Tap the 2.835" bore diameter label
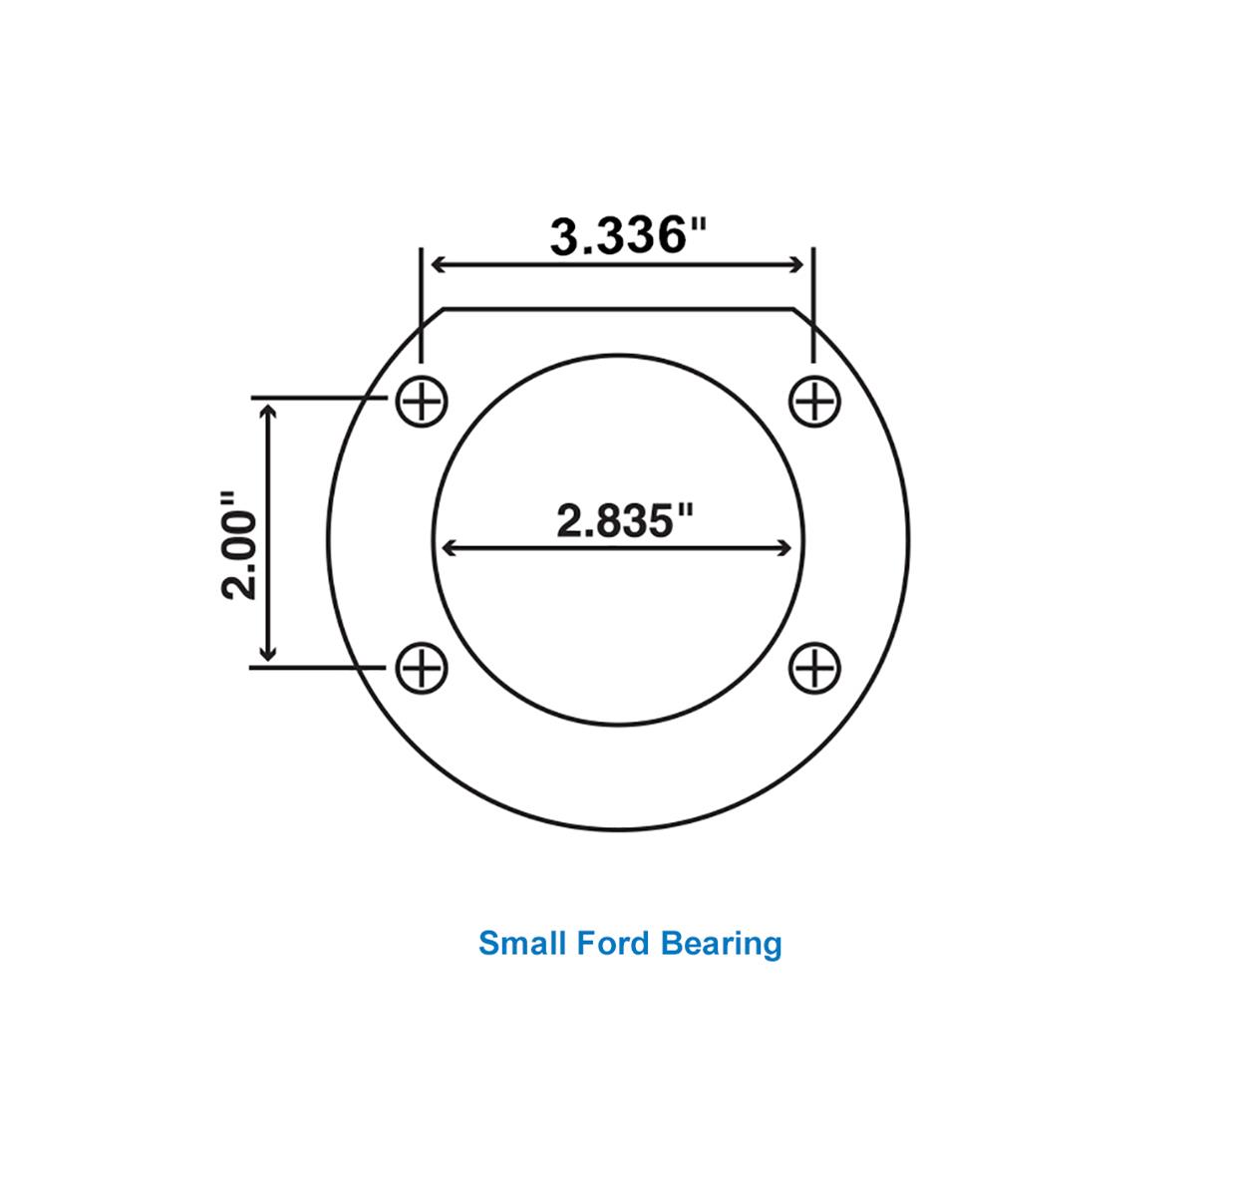click(624, 520)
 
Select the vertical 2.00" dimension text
click(240, 543)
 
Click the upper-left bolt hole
click(422, 403)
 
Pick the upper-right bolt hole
click(814, 403)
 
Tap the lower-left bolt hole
click(422, 667)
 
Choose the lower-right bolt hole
click(814, 667)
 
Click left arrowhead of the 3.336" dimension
click(437, 264)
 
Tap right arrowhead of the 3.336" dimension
click(795, 264)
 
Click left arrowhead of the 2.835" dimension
click(449, 547)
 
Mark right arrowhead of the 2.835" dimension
click(785, 547)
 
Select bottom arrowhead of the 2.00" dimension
click(267, 654)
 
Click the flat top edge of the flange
click(618, 309)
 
